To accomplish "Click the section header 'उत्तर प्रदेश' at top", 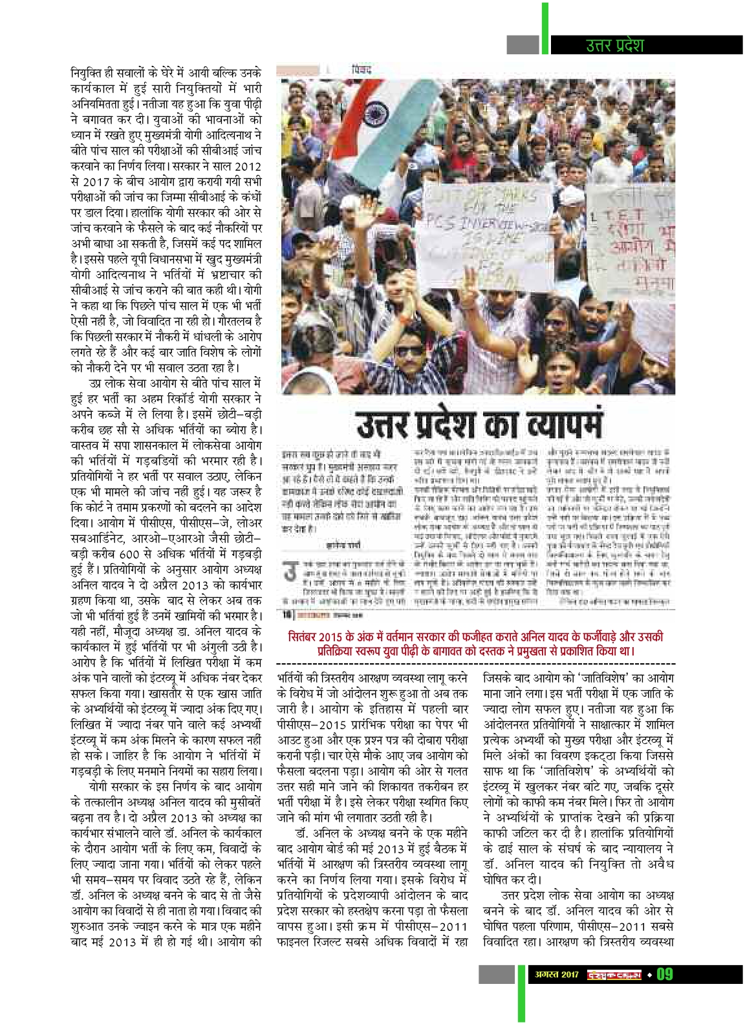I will [614, 45].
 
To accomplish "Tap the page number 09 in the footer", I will [665, 974].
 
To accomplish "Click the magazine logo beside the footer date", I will [614, 974].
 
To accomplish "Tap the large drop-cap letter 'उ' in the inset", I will [291, 573].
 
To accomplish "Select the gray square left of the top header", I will [523, 45].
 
